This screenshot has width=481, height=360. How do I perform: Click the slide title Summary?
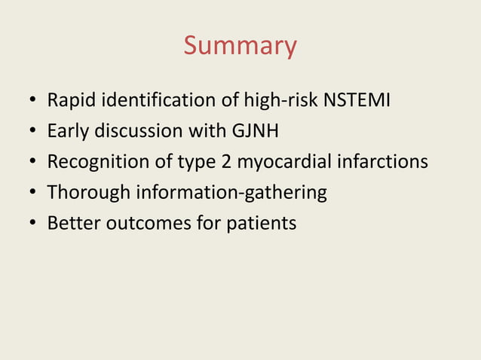(240, 46)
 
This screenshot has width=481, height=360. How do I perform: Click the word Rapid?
(69, 100)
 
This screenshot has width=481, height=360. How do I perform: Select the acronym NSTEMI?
(357, 100)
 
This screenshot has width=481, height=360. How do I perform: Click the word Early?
(67, 131)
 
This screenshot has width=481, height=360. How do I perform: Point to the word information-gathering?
(231, 193)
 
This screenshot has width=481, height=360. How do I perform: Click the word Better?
(70, 224)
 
